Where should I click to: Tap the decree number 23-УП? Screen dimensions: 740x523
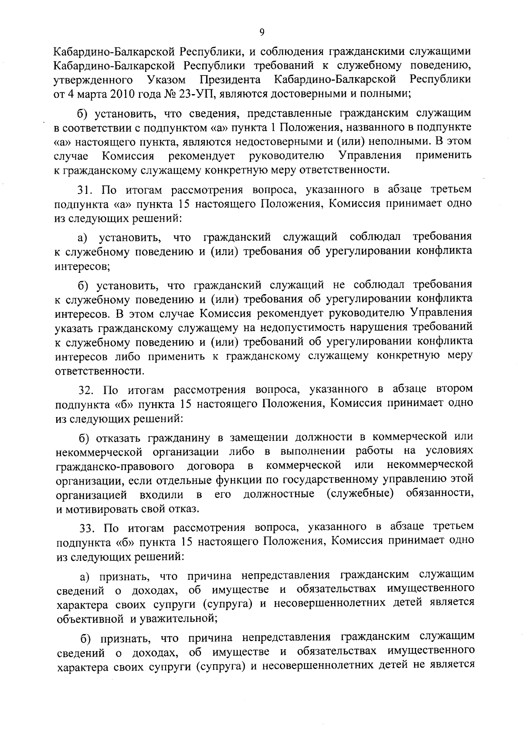point(204,93)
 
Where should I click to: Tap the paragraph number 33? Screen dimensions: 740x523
point(87,528)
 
